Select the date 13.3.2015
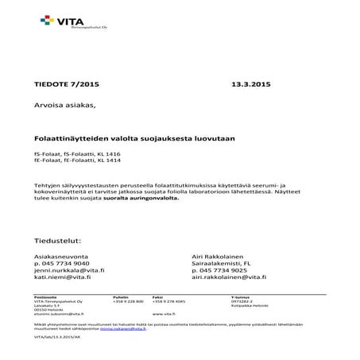[251, 83]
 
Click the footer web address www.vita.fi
[163, 313]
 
